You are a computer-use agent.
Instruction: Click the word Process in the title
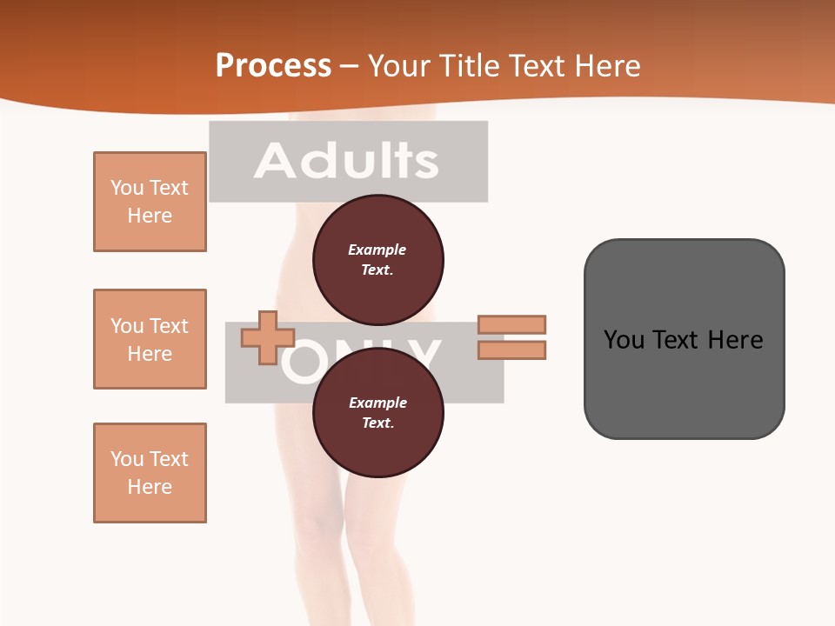click(273, 66)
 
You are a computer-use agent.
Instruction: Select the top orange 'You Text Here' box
click(150, 202)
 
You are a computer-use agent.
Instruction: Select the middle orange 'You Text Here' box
click(150, 339)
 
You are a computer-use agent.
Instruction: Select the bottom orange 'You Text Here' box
click(150, 473)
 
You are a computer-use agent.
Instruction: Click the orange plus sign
click(267, 338)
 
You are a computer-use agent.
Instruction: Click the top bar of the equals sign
click(512, 324)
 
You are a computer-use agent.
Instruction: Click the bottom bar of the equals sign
click(512, 350)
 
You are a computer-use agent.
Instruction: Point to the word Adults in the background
click(346, 161)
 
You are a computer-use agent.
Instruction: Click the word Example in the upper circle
click(377, 250)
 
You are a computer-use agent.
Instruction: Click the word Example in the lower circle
click(377, 403)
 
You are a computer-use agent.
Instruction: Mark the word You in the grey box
click(624, 340)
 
